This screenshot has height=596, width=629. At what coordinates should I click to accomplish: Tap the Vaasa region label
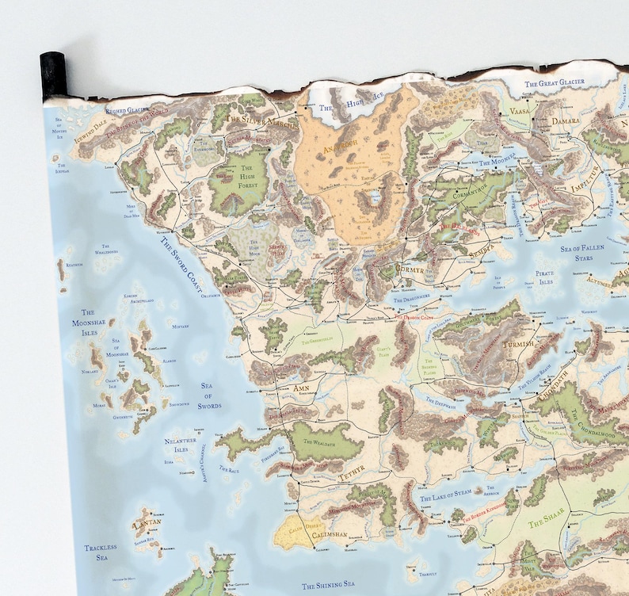(x=520, y=112)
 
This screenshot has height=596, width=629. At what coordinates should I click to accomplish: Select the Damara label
(x=566, y=121)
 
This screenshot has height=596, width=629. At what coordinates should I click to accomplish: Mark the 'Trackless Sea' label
(x=101, y=552)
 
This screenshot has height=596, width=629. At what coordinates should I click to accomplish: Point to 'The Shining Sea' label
(x=328, y=585)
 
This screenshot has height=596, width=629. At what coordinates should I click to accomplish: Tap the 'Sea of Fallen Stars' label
(x=582, y=252)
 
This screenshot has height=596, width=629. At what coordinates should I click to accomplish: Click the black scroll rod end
(x=52, y=76)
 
